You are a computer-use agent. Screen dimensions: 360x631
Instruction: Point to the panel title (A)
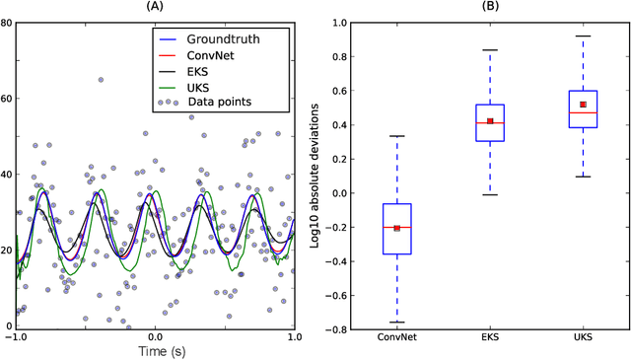point(155,8)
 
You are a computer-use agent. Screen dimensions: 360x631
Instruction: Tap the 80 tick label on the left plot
point(7,21)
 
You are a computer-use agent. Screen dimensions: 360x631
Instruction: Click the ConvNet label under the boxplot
point(397,338)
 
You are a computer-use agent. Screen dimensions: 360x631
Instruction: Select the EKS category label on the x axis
point(489,338)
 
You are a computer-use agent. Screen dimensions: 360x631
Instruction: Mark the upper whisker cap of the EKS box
point(489,49)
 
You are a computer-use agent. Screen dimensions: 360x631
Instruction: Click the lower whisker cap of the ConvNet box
point(397,323)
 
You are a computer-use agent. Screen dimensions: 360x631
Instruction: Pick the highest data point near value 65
point(100,79)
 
